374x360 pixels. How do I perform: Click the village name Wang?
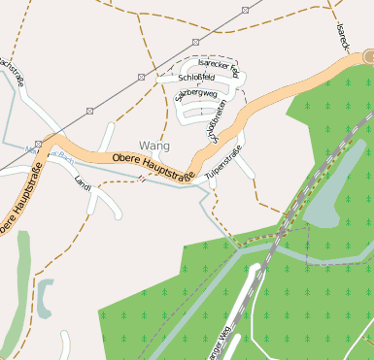(153, 146)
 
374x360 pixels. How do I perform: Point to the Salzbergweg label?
(195, 95)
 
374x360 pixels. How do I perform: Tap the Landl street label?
(82, 181)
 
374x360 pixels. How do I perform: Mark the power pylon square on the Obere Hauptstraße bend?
(39, 143)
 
